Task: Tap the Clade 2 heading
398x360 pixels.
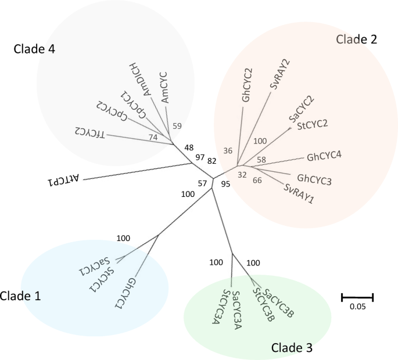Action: [357, 39]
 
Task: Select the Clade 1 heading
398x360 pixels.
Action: [21, 296]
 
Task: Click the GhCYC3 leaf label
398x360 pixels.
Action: [314, 178]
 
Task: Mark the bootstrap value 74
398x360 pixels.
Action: [153, 137]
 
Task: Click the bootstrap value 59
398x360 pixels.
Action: [177, 125]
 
